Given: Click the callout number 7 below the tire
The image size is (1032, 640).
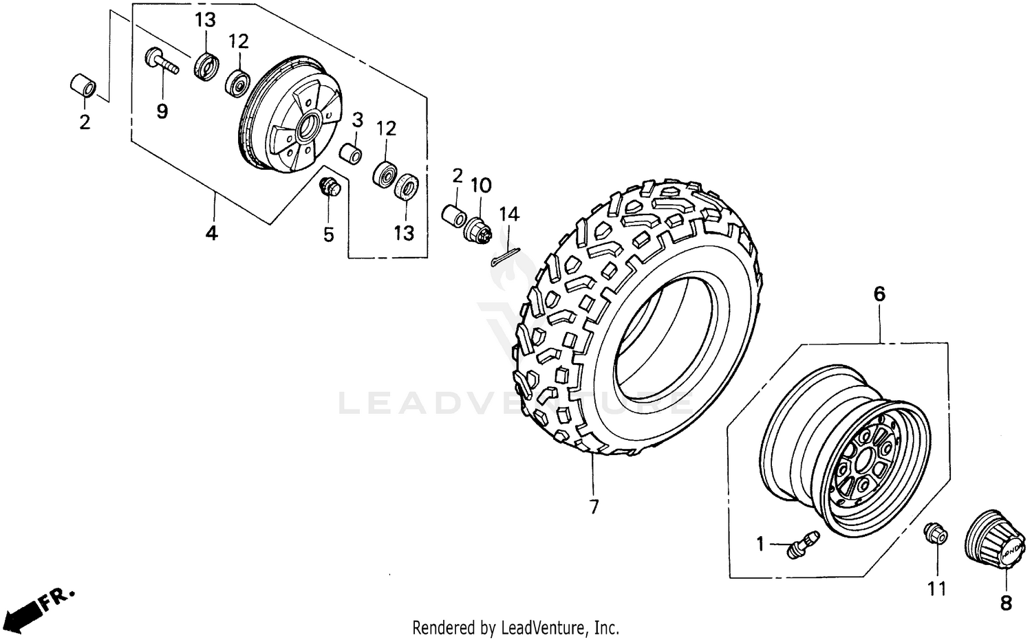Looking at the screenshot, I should click(x=594, y=507).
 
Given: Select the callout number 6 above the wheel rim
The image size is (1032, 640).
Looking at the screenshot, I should click(x=879, y=294).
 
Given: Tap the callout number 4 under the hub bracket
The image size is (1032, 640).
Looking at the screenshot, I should click(x=211, y=233).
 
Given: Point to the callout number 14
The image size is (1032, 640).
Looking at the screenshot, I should click(x=509, y=214).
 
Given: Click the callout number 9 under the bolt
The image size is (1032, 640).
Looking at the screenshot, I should click(x=162, y=111).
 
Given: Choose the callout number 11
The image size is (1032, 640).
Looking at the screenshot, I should click(x=936, y=588).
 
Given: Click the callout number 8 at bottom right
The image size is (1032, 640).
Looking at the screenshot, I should click(x=1006, y=603).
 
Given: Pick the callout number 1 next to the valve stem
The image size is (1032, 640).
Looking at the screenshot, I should click(x=760, y=544).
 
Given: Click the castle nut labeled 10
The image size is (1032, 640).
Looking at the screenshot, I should click(x=480, y=229).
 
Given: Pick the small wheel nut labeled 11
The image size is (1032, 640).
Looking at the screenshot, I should click(x=935, y=533).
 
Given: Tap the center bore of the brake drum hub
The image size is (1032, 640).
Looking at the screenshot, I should click(x=308, y=126).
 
